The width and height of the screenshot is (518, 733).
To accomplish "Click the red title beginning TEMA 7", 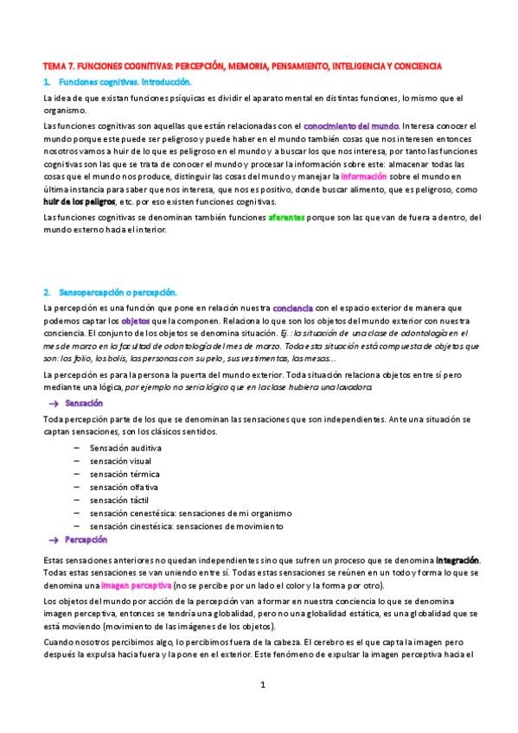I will coord(243,66).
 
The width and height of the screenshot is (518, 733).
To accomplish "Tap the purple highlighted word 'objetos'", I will coord(136,321).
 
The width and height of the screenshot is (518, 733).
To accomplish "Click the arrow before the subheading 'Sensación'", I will coord(54,404).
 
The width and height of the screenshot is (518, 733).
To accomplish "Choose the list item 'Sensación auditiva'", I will coord(125,448).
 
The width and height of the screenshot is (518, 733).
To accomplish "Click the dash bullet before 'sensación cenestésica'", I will coord(78,513).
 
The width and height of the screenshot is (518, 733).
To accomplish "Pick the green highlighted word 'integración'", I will coord(457,560).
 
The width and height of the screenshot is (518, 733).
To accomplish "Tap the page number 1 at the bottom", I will coord(261,685).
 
